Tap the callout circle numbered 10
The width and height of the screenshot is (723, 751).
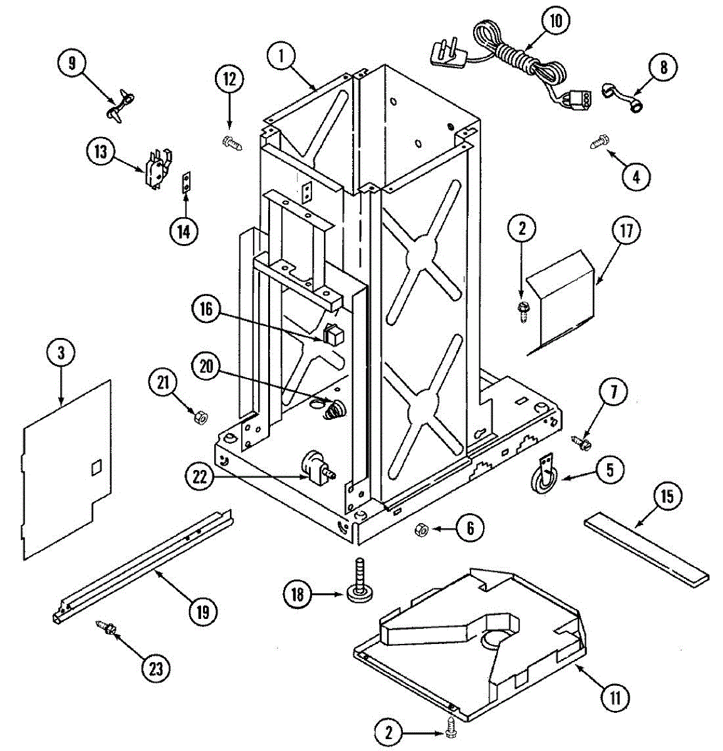[556, 21]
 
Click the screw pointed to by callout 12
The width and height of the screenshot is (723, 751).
[230, 142]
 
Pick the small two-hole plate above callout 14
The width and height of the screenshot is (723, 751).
[185, 183]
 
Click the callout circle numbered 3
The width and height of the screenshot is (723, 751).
[61, 352]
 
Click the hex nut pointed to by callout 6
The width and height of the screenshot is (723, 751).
[421, 531]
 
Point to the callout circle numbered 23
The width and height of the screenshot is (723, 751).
[155, 668]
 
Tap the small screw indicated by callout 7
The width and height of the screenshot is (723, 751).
[582, 442]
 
